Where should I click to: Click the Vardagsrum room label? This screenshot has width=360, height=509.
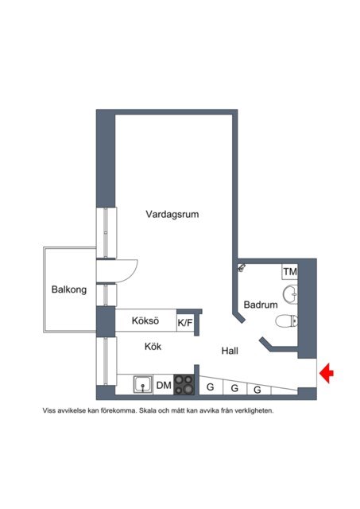point(172,215)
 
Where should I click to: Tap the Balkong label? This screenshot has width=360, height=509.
point(69,289)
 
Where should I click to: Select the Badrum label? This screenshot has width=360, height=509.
point(261,305)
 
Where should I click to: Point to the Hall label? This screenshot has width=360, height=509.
point(230,351)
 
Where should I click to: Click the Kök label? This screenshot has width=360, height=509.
point(153,347)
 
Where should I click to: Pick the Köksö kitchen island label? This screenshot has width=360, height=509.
point(145,321)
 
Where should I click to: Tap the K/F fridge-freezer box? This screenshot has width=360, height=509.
point(185,323)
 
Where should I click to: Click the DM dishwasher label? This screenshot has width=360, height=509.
point(164,385)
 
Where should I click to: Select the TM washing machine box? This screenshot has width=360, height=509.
point(289,271)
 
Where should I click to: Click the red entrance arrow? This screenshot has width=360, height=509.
point(327,373)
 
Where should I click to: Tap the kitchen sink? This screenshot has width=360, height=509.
point(143,385)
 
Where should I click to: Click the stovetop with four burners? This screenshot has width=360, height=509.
point(184,385)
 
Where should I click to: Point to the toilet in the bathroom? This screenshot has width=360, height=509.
point(287,321)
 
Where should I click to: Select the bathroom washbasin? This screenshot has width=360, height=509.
point(290,294)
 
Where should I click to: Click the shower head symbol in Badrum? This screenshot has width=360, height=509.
point(242,268)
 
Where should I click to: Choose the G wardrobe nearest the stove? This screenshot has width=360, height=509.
point(211,387)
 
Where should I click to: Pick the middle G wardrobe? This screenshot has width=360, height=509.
point(234,388)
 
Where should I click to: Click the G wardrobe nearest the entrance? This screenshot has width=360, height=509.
point(257,390)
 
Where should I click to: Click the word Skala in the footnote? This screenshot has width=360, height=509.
point(146,410)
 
